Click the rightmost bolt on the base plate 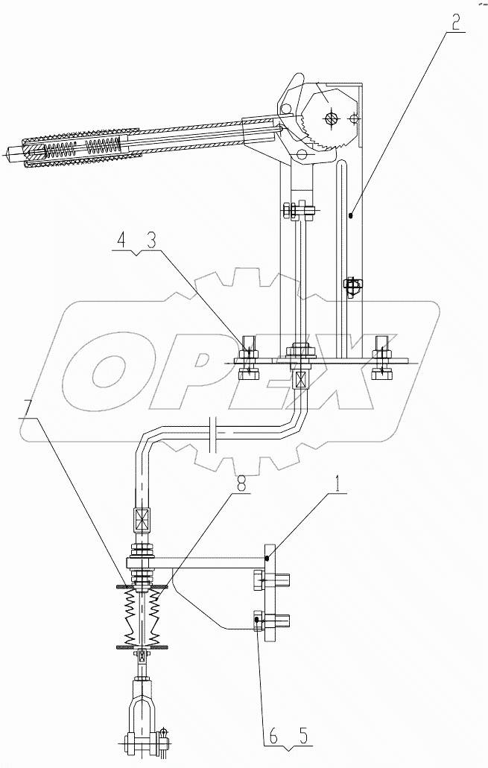381,358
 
